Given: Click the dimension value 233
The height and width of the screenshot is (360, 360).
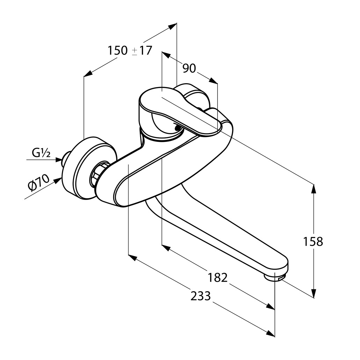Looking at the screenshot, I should [x=201, y=296].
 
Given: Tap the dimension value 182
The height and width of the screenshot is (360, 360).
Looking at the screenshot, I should [x=217, y=278].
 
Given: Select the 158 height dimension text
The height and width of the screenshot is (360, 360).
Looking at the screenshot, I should [x=313, y=241].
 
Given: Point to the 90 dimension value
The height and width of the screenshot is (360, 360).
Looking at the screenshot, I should [x=189, y=69].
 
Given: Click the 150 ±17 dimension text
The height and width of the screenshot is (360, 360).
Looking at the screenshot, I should [x=130, y=51].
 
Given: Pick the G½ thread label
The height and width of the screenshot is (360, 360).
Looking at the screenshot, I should [x=41, y=153].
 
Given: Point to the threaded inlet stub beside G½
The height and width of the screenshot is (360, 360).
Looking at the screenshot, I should [x=65, y=159].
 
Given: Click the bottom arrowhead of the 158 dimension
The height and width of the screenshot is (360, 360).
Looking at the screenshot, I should [x=314, y=294].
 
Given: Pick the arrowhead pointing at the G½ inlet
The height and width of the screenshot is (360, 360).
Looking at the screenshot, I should [x=58, y=160].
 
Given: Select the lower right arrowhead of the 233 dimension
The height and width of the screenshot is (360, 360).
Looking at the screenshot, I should [x=270, y=334].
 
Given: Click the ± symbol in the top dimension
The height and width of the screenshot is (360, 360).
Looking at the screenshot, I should [x=135, y=51].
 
